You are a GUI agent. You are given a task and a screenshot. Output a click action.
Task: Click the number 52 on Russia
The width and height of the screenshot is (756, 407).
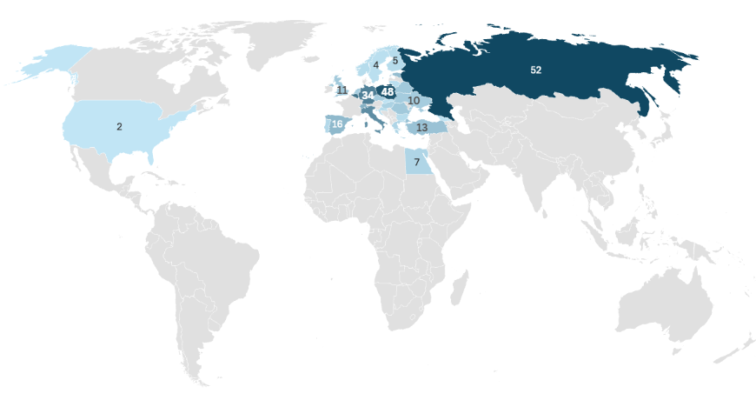point(535,70)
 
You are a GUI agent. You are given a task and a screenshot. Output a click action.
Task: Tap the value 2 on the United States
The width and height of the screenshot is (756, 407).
point(119,126)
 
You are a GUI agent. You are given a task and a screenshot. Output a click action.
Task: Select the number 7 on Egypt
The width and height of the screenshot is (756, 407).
point(416,163)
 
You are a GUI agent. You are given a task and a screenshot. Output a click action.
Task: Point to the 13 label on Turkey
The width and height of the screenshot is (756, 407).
point(421,128)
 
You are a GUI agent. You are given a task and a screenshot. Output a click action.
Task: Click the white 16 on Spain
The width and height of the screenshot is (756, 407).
point(337,125)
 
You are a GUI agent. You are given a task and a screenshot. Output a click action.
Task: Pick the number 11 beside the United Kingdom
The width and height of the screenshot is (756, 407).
point(342,90)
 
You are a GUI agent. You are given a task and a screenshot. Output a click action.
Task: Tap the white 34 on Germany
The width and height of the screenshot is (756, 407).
point(368,94)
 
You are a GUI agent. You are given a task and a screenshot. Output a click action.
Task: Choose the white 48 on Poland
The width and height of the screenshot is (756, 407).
point(388,91)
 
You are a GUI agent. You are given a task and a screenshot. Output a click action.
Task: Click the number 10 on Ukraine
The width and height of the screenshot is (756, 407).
point(414,101)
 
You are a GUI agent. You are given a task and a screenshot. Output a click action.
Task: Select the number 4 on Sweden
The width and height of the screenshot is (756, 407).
point(375,64)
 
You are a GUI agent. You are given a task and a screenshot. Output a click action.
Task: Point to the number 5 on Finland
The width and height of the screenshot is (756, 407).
point(395,61)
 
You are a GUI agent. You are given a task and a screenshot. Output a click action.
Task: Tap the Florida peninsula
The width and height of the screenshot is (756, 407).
point(152,156)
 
